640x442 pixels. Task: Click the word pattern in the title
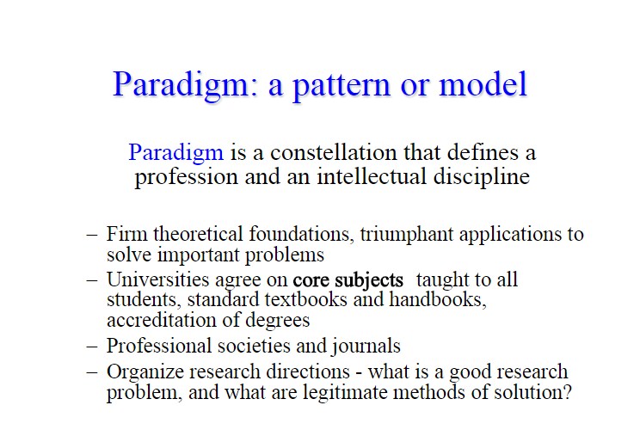[342, 85]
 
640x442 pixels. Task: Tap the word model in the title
[483, 83]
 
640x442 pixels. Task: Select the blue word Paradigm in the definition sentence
[176, 153]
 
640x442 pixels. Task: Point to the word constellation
[334, 153]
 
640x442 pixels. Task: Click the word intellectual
[372, 177]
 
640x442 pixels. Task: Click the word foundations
[301, 234]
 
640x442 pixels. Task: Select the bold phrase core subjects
[348, 280]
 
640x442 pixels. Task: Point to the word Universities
[158, 279]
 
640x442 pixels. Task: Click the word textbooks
[306, 299]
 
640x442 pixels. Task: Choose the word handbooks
[438, 299]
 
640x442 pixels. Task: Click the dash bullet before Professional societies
[92, 346]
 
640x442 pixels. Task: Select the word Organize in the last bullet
[145, 372]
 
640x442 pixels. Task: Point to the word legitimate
[345, 393]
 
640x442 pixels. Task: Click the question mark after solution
[567, 392]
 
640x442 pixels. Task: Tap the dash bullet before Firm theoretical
[92, 235]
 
